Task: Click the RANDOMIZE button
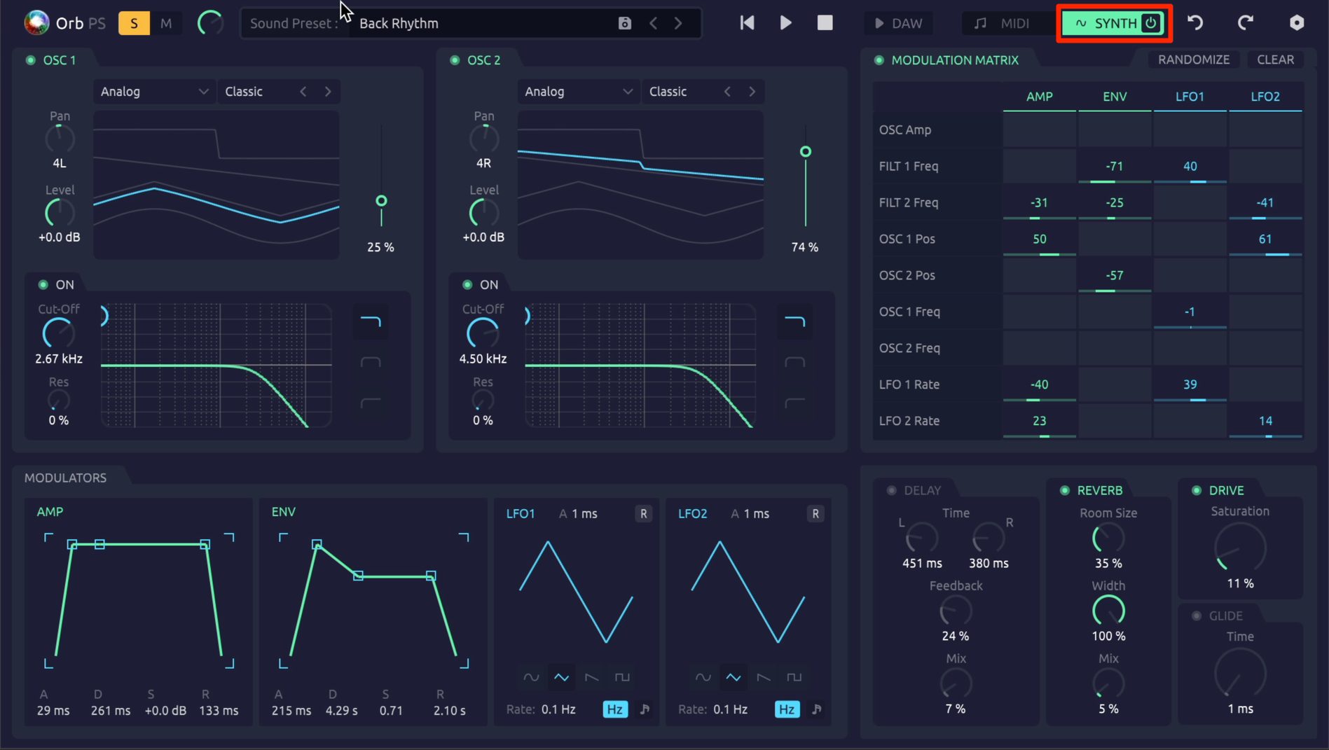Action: pyautogui.click(x=1194, y=60)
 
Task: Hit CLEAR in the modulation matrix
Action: pyautogui.click(x=1275, y=60)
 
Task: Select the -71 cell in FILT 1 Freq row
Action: pyautogui.click(x=1115, y=166)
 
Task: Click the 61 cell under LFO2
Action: pyautogui.click(x=1265, y=239)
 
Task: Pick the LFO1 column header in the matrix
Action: pyautogui.click(x=1190, y=97)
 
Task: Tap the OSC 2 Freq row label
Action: pyautogui.click(x=909, y=348)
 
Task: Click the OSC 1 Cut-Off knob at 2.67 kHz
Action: pyautogui.click(x=59, y=333)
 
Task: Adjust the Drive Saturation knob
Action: pyautogui.click(x=1240, y=547)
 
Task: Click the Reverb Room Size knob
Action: pyautogui.click(x=1108, y=539)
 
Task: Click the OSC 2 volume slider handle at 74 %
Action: pyautogui.click(x=806, y=152)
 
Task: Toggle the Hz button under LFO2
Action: pyautogui.click(x=787, y=709)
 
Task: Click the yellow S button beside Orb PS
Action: pyautogui.click(x=134, y=23)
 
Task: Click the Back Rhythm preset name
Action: pyautogui.click(x=399, y=23)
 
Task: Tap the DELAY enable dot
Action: pyautogui.click(x=892, y=490)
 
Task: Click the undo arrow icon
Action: pyautogui.click(x=1195, y=23)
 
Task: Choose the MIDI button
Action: pyautogui.click(x=1001, y=23)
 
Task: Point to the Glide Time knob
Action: pyautogui.click(x=1240, y=673)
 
